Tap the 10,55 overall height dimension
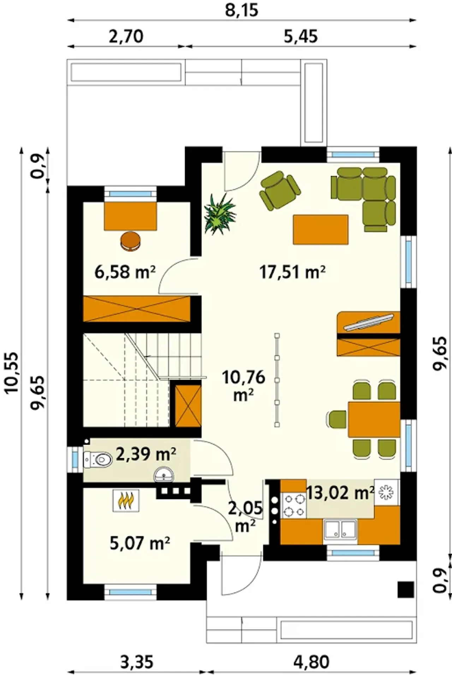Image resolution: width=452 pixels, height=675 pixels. point(11,372)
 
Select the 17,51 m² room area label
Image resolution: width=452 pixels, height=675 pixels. point(292,272)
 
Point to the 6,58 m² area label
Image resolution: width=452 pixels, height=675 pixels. point(125,272)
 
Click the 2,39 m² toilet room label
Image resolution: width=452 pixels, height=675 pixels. point(146,454)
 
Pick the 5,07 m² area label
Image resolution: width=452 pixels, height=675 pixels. point(140,544)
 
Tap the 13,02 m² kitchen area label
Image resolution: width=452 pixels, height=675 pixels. point(340,493)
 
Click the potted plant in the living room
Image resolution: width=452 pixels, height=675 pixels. point(220,213)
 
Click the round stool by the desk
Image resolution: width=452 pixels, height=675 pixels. point(131,241)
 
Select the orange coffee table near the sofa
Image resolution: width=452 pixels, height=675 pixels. point(321,229)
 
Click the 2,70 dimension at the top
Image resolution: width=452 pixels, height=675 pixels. point(126,37)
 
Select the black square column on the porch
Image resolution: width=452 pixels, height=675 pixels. point(406,589)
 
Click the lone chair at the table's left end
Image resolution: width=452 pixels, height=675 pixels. point(337,420)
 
